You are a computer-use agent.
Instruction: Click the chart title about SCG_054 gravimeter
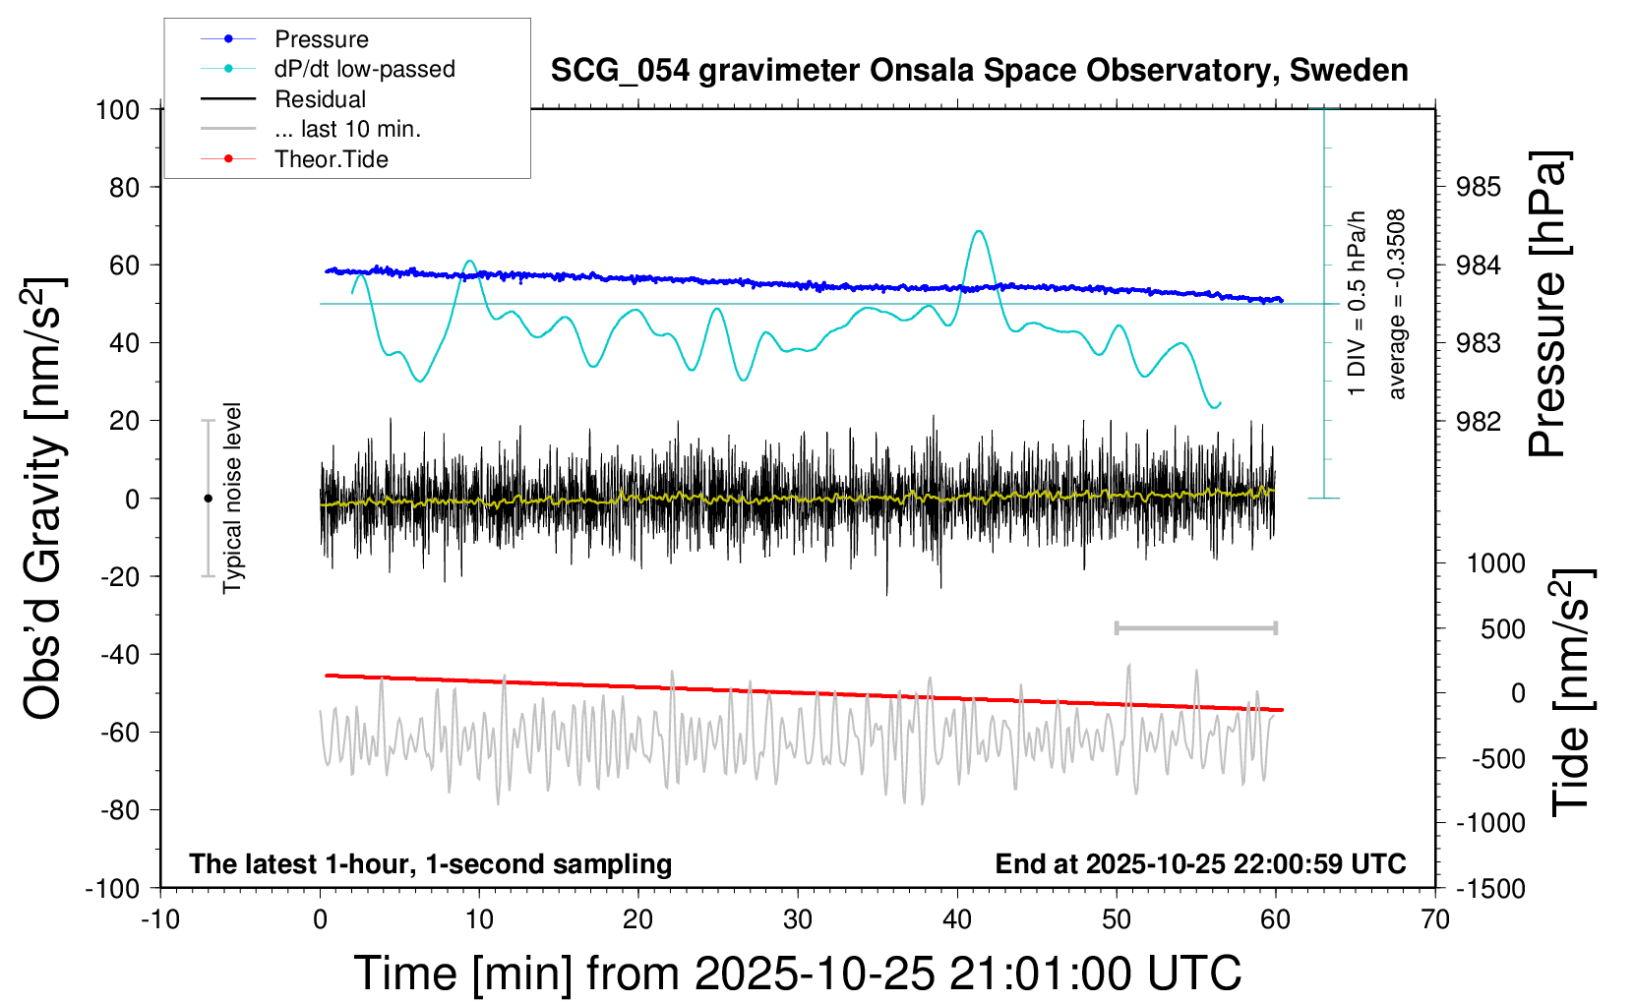click(979, 71)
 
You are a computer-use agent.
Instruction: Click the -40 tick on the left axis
click(120, 654)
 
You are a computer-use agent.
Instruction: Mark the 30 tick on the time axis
click(798, 920)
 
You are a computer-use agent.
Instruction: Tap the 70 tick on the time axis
click(1435, 920)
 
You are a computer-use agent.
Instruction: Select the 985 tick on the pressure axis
click(1479, 187)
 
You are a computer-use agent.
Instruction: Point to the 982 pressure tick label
click(1479, 421)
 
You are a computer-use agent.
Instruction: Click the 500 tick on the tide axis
click(1502, 629)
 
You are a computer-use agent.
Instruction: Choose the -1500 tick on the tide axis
click(1490, 889)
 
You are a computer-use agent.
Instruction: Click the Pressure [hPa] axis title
click(1547, 304)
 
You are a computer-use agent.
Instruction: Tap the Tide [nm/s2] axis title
click(1571, 691)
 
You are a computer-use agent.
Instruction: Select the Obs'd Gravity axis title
click(44, 498)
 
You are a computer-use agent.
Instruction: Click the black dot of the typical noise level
click(208, 499)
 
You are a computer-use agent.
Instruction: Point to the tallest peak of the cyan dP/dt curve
click(978, 232)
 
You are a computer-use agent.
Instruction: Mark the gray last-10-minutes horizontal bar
click(1195, 627)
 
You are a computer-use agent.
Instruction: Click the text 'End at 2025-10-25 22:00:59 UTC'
click(1200, 864)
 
